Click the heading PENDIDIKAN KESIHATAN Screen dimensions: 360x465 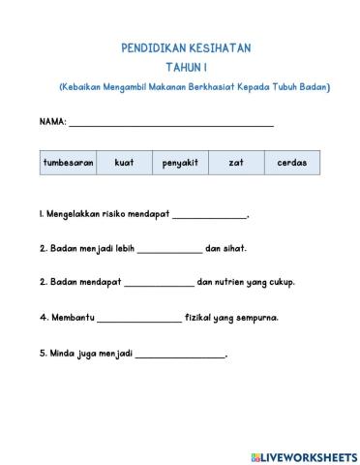click(x=194, y=46)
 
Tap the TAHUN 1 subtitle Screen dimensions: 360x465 click(x=194, y=67)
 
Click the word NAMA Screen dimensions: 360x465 click(x=52, y=123)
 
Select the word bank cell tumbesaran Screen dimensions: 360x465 click(x=68, y=163)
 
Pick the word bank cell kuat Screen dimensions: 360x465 click(x=124, y=163)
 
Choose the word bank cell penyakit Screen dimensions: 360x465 click(x=179, y=163)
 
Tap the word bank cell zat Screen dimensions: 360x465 click(x=235, y=163)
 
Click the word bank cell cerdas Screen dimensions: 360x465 click(x=291, y=163)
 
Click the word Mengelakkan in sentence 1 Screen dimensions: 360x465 click(x=78, y=214)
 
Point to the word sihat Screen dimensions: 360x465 click(x=233, y=248)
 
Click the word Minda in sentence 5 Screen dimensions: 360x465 click(x=60, y=353)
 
